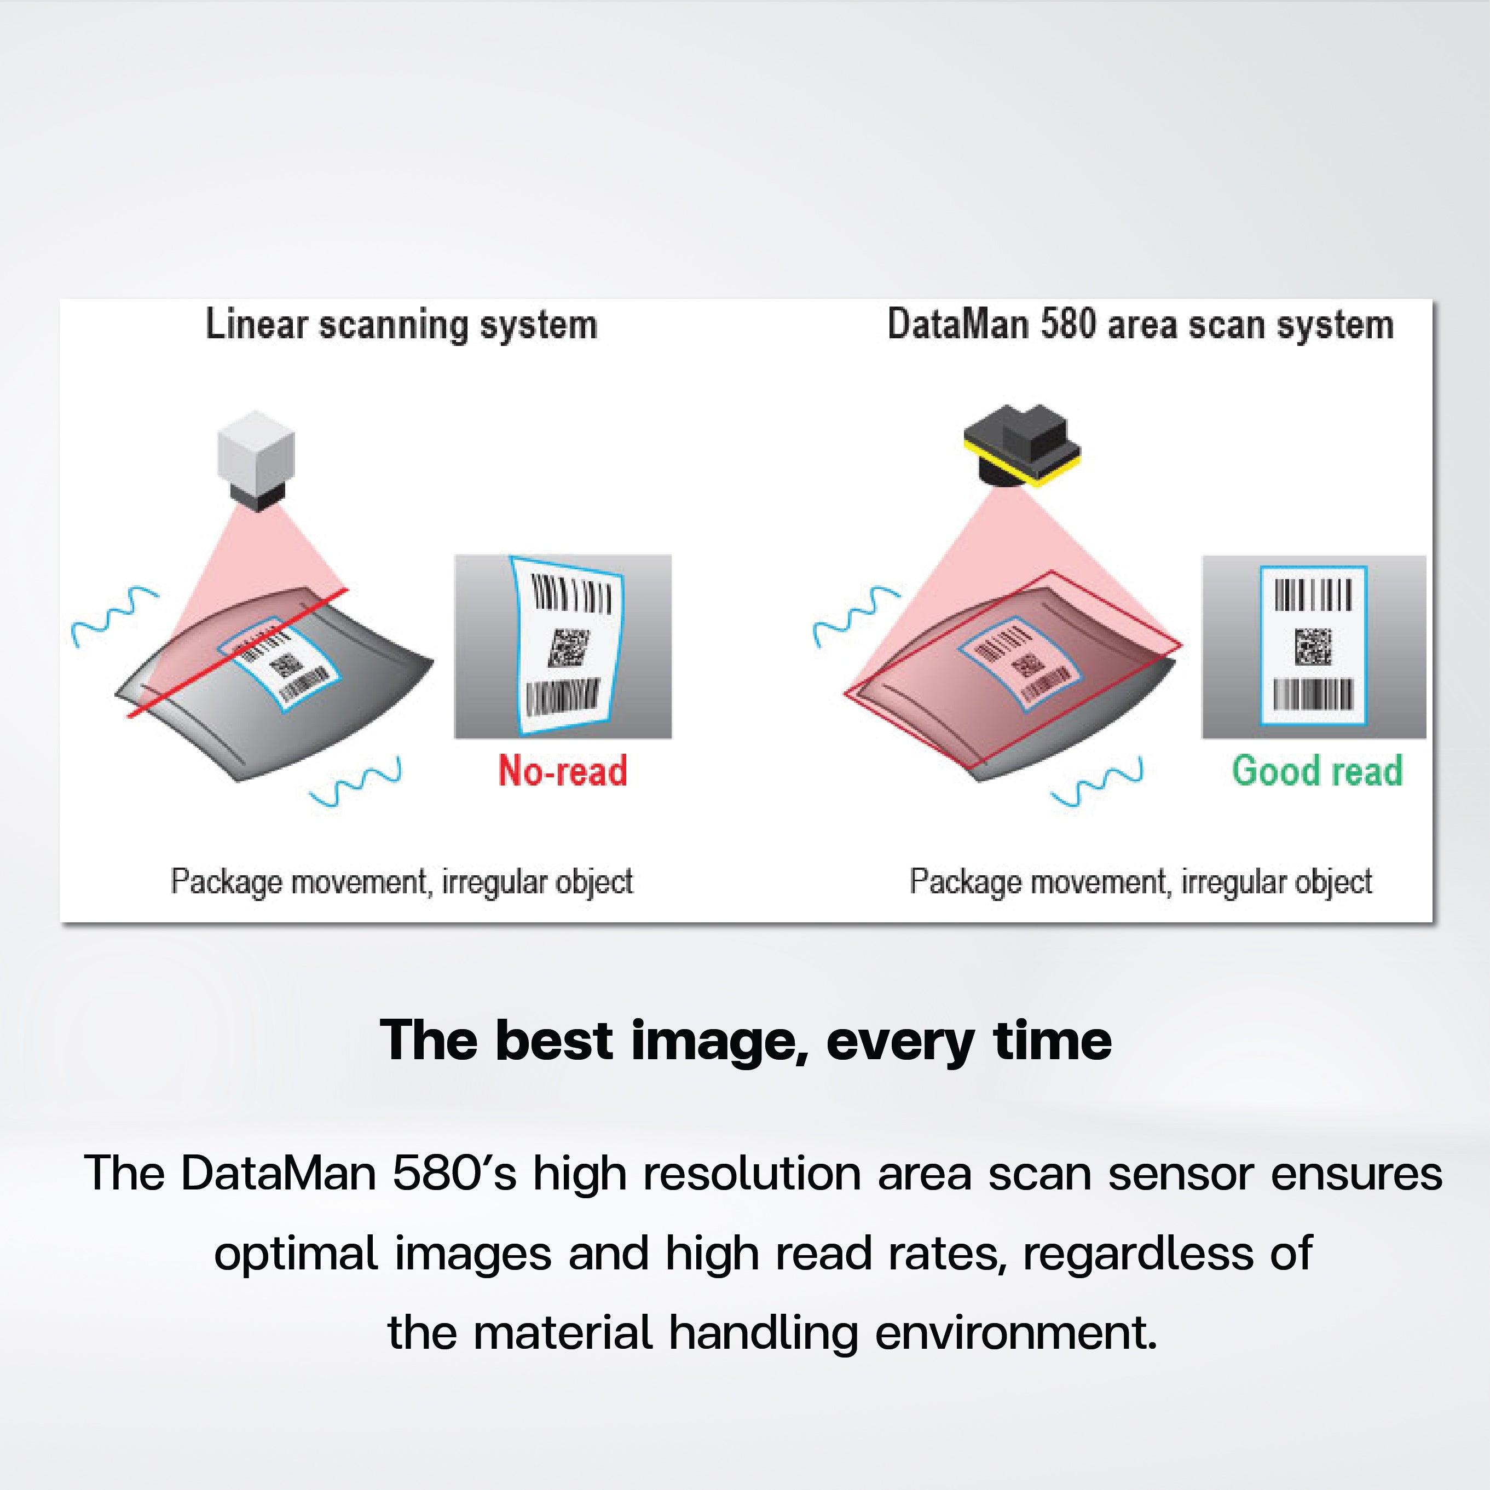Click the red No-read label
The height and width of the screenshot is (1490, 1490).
pos(562,770)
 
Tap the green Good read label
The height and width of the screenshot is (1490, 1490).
pos(1316,770)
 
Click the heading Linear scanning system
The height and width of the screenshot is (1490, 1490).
pos(401,325)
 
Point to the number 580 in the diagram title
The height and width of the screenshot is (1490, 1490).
pos(1068,325)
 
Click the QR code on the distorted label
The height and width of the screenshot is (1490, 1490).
pos(568,647)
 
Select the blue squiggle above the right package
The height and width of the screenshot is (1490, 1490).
pos(856,615)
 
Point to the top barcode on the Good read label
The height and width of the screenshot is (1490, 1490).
pos(1313,594)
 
